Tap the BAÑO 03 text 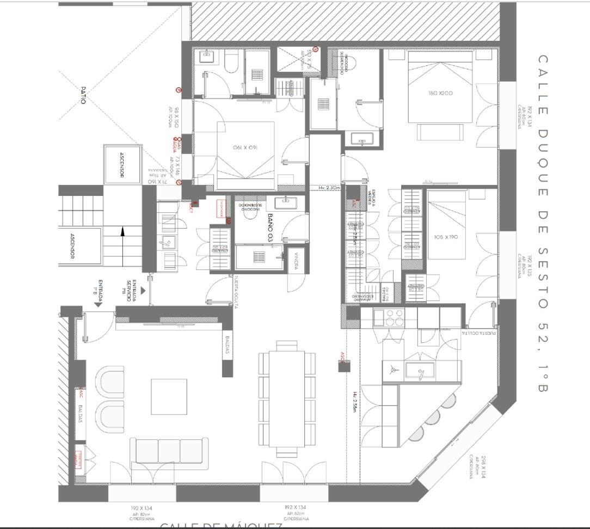click(x=271, y=227)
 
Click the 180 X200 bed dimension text click(x=440, y=94)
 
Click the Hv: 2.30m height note click(x=329, y=188)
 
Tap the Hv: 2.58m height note click(x=354, y=403)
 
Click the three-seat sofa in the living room click(x=169, y=451)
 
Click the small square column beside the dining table click(x=344, y=366)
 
